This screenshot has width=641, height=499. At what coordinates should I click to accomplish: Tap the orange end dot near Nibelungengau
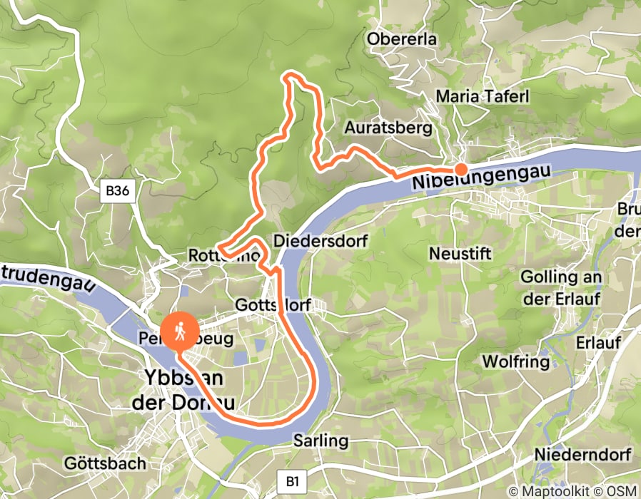pyautogui.click(x=461, y=169)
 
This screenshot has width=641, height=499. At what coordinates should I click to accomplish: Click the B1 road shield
pyautogui.click(x=291, y=481)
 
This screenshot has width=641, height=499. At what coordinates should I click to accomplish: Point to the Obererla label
pyautogui.click(x=402, y=39)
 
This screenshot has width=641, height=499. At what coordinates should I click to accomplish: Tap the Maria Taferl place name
pyautogui.click(x=482, y=96)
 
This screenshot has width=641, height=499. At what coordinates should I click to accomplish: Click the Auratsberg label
pyautogui.click(x=388, y=128)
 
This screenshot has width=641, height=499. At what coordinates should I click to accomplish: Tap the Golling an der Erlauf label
pyautogui.click(x=561, y=287)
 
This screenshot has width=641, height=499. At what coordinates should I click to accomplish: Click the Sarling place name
pyautogui.click(x=320, y=441)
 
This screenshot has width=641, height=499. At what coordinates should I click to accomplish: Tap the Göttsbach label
pyautogui.click(x=105, y=463)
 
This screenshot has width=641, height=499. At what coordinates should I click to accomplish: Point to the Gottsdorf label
pyautogui.click(x=273, y=305)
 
